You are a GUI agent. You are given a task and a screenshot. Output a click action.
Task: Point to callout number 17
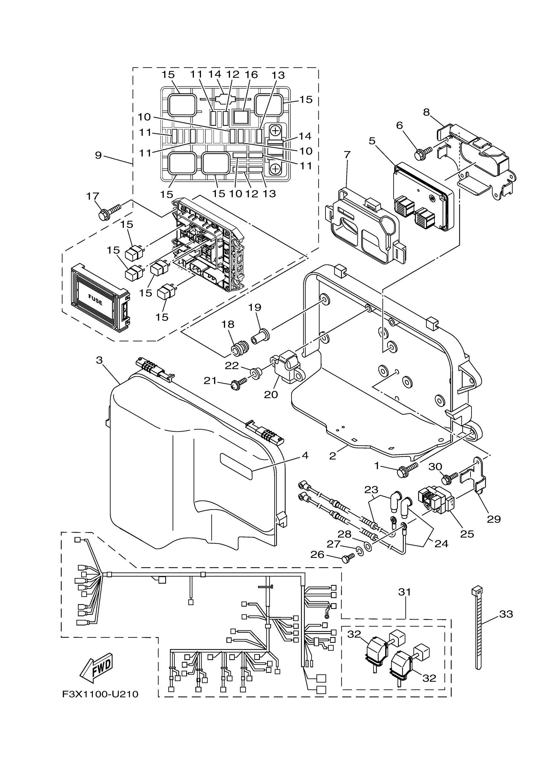click(x=93, y=196)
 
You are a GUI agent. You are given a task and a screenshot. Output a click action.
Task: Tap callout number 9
click(x=98, y=155)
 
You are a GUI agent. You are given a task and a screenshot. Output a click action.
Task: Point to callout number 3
click(x=99, y=360)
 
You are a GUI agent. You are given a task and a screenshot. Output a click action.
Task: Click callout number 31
click(x=404, y=592)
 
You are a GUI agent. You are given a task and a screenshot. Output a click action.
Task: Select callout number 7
click(x=347, y=155)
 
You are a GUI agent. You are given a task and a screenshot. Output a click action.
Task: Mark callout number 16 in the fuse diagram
click(x=251, y=74)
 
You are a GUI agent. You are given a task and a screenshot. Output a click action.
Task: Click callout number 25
click(x=467, y=534)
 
